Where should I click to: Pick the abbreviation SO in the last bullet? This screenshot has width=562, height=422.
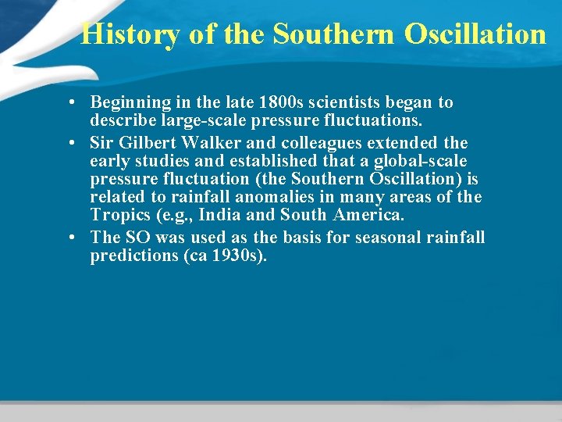[136, 237]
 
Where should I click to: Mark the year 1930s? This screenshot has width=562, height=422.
[240, 256]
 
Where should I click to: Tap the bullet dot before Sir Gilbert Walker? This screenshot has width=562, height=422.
[71, 143]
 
